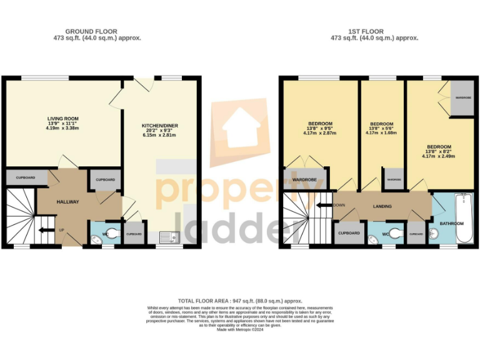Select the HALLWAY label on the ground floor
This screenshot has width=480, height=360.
tap(67, 202)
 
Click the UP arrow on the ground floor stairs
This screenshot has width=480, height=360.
tap(45, 230)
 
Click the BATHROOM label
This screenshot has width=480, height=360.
tap(451, 223)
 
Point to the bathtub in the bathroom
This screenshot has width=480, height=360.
tap(463, 219)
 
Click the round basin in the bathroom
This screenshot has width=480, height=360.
tap(436, 234)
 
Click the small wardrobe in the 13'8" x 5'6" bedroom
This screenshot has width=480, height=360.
tap(393, 179)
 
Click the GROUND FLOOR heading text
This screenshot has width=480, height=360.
tap(91, 31)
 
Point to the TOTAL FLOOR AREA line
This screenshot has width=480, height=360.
tap(240, 301)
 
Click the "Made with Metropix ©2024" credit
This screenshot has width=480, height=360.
tap(240, 329)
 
